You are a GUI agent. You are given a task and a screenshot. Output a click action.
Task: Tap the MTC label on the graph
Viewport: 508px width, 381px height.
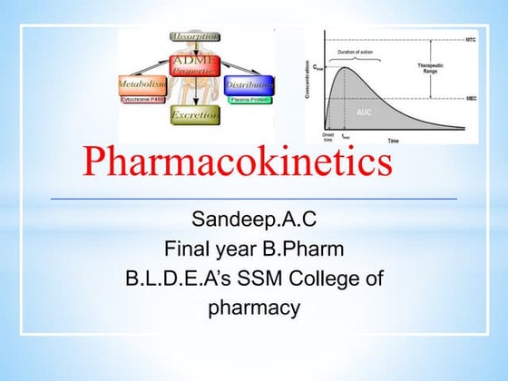[471, 40]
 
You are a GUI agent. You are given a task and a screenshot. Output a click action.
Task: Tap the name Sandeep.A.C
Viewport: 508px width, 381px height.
[254, 220]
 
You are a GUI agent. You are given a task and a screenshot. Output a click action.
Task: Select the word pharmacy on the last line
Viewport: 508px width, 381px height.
[254, 308]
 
